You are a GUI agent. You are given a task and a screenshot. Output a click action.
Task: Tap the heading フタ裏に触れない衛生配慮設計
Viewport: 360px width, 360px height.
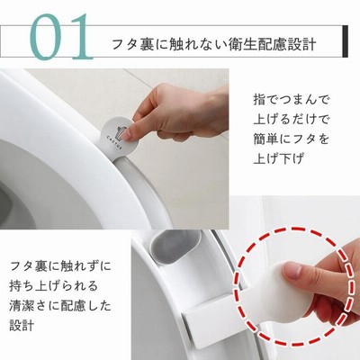tap(214, 44)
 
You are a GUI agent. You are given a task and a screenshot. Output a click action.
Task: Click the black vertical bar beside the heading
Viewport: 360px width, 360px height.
tap(345, 41)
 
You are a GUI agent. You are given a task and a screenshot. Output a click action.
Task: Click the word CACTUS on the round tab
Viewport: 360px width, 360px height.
tap(114, 143)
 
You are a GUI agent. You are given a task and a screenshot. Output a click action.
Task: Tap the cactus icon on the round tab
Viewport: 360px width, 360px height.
tap(121, 133)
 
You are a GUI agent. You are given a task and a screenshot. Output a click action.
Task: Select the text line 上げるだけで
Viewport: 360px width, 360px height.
tap(292, 120)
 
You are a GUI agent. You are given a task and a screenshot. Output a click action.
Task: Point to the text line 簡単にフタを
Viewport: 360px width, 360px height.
tap(292, 139)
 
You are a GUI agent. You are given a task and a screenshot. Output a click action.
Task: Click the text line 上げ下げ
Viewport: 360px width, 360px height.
tap(279, 158)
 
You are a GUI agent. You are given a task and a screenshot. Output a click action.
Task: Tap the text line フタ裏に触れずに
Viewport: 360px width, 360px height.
tap(60, 266)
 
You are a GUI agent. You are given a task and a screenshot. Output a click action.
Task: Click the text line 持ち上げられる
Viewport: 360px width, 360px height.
tap(53, 286)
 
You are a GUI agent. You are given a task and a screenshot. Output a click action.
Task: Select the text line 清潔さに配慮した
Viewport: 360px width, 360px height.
tap(60, 305)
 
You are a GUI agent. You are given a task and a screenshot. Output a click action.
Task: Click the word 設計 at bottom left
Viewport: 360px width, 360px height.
tap(22, 325)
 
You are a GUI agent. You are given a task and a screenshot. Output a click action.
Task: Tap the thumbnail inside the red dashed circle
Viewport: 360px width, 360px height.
tap(292, 271)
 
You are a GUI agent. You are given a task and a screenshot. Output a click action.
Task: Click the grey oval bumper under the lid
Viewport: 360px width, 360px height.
tap(175, 247)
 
